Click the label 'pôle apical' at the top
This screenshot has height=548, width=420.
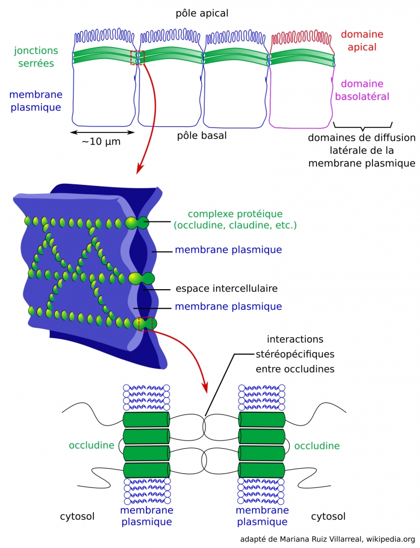point(201,13)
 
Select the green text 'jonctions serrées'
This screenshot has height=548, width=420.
point(34,57)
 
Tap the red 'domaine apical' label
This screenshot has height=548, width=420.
point(362,41)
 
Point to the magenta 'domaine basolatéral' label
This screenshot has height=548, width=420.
point(362,90)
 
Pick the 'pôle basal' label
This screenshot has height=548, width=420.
point(202,135)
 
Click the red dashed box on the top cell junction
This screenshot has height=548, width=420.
point(137,57)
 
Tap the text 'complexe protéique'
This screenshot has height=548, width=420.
point(235,214)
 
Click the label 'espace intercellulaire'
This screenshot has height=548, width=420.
point(226,288)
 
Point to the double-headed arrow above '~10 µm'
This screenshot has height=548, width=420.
point(103,132)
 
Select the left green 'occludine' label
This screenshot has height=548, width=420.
point(91,445)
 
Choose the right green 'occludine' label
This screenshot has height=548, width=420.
point(317,445)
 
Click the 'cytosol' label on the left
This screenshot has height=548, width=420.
point(77,517)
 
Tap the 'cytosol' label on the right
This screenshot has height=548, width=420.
point(328,517)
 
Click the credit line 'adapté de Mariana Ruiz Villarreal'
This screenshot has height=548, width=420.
point(328,539)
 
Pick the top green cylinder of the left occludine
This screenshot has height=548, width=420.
point(146,419)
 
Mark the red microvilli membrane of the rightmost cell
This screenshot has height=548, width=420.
point(302,39)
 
